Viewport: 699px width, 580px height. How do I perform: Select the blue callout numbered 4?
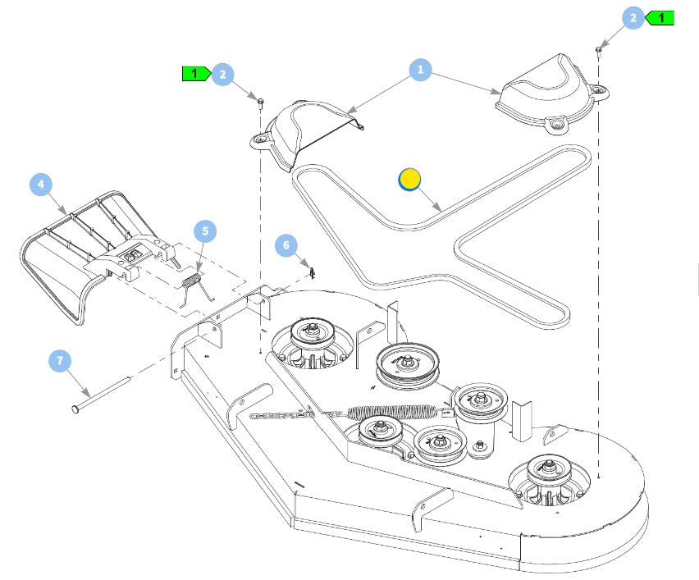(43, 186)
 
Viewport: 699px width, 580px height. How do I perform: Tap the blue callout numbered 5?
(205, 232)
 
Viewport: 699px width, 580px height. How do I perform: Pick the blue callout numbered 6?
(286, 244)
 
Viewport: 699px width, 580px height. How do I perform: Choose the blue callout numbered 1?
(420, 71)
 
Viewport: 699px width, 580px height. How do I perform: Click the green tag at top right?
(660, 17)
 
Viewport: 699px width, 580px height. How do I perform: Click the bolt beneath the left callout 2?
(260, 102)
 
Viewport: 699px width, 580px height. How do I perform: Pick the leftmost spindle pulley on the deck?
(313, 333)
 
